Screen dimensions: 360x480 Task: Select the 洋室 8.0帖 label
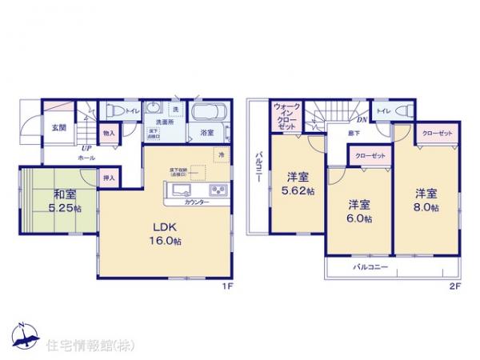[426, 200]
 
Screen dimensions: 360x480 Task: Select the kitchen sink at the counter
[178, 190]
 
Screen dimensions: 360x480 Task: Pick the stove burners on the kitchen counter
[218, 190]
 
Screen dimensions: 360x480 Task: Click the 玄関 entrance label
[59, 127]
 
